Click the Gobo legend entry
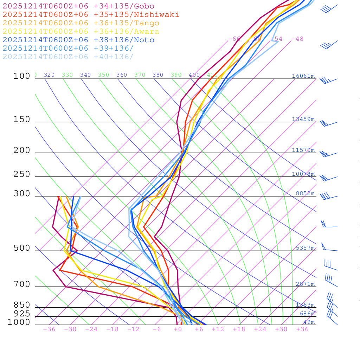click(x=78, y=6)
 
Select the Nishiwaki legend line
click(x=91, y=14)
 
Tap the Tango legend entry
click(x=81, y=23)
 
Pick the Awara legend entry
click(x=81, y=32)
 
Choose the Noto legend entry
click(x=78, y=40)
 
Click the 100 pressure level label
click(x=22, y=76)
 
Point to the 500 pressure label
click(x=22, y=248)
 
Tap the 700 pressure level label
click(x=22, y=284)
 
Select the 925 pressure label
click(x=22, y=313)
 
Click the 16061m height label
click(x=303, y=76)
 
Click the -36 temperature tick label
click(x=49, y=329)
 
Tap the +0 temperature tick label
click(x=178, y=329)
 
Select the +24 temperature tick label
click(x=260, y=329)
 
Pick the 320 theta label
click(x=49, y=75)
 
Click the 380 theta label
click(x=158, y=75)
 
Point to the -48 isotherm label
click(x=297, y=39)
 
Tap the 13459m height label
click(x=303, y=119)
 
